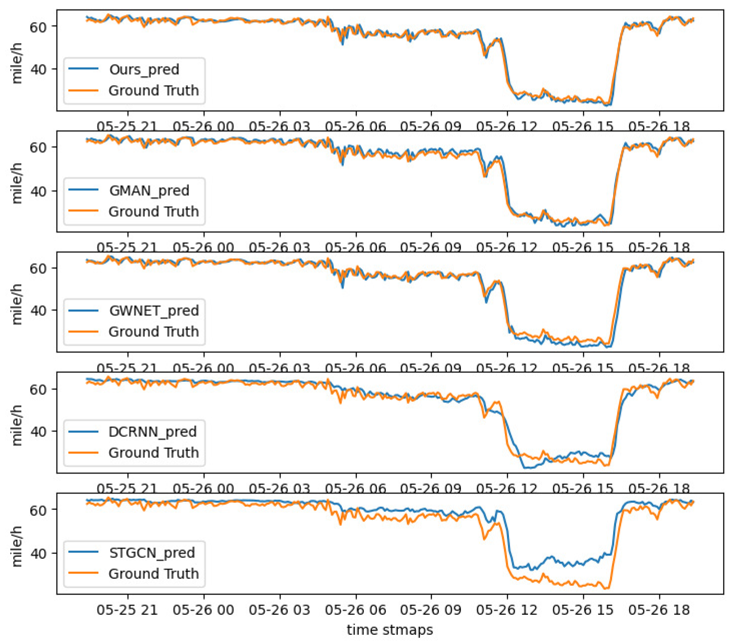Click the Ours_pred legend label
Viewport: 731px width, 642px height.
(x=144, y=69)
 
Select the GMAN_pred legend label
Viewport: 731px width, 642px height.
(x=149, y=190)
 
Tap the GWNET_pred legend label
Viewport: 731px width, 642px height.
(x=154, y=311)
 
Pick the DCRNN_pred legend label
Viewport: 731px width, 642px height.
(x=152, y=432)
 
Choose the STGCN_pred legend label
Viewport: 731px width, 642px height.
(x=152, y=553)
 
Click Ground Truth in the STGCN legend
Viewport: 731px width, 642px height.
(x=153, y=573)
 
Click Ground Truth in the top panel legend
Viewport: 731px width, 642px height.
(x=153, y=91)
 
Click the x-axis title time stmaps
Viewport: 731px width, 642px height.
(x=390, y=630)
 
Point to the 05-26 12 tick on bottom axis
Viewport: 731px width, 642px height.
(x=506, y=610)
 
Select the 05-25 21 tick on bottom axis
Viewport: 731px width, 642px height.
(x=127, y=610)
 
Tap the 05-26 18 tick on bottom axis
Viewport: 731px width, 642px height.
(x=659, y=610)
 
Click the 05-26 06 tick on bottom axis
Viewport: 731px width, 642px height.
(x=356, y=610)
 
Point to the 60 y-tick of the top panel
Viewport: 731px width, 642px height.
(x=38, y=27)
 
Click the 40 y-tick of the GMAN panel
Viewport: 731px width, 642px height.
(x=38, y=192)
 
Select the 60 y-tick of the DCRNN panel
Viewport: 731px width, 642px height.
(x=38, y=389)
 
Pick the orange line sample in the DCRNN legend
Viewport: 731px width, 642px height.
(x=83, y=453)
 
